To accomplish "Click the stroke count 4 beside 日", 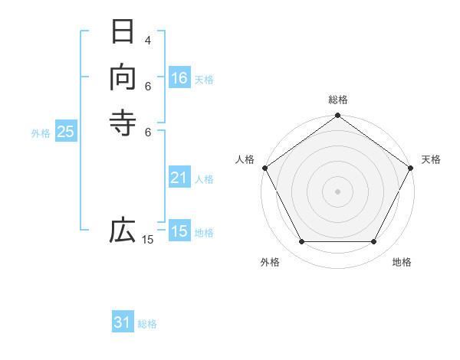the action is click(x=148, y=40).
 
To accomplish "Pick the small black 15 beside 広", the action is click(x=148, y=240).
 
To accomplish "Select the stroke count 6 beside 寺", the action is click(x=148, y=131).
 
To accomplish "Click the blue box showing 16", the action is click(x=179, y=78).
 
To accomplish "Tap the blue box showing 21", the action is click(x=179, y=178).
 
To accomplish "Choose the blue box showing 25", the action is click(x=66, y=132).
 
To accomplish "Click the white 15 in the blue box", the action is click(x=179, y=231).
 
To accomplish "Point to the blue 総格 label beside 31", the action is click(x=147, y=324).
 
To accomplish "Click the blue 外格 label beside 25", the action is click(x=41, y=133).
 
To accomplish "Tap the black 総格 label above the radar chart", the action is click(x=337, y=100).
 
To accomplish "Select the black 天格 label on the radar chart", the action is click(x=431, y=159).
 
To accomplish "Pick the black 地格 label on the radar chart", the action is click(x=402, y=262).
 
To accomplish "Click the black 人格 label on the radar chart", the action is click(x=245, y=159).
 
